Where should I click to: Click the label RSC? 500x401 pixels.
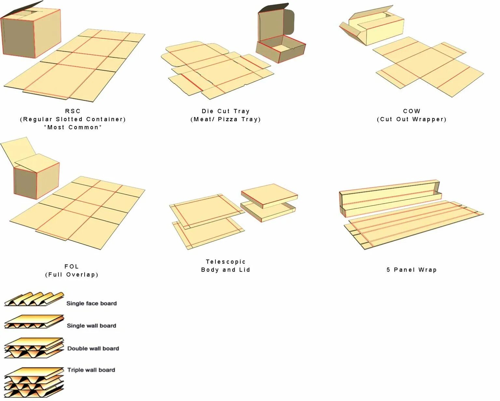pyautogui.click(x=73, y=111)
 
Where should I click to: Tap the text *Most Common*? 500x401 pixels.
pyautogui.click(x=73, y=127)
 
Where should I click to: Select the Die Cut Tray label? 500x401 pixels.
pyautogui.click(x=225, y=111)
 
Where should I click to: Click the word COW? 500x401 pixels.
pyautogui.click(x=411, y=111)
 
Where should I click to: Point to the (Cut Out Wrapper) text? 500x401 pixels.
pyautogui.click(x=411, y=119)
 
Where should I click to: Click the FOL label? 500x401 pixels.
pyautogui.click(x=72, y=266)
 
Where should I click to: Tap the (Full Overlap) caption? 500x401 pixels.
pyautogui.click(x=72, y=275)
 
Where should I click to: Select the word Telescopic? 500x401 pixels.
pyautogui.click(x=226, y=262)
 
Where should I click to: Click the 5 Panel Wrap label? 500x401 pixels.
pyautogui.click(x=411, y=270)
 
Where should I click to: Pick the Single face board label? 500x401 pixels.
pyautogui.click(x=91, y=304)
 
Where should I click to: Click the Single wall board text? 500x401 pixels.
pyautogui.click(x=91, y=326)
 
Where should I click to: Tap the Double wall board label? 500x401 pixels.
pyautogui.click(x=93, y=348)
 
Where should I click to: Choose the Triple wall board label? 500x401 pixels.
pyautogui.click(x=91, y=370)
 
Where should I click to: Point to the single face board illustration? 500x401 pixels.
pyautogui.click(x=34, y=299)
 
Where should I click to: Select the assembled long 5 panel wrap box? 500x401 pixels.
pyautogui.click(x=389, y=198)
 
